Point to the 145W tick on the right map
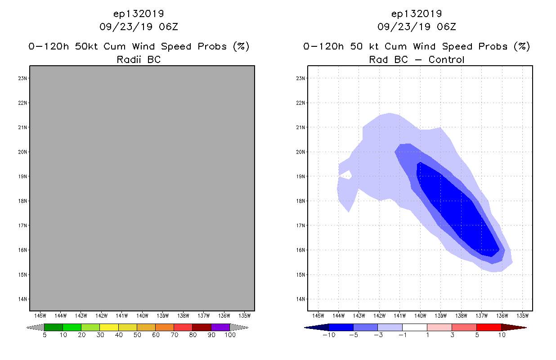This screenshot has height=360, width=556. pyautogui.click(x=318, y=315)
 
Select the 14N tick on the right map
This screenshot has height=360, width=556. pyautogui.click(x=301, y=299)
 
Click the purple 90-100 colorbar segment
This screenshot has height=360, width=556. pyautogui.click(x=220, y=328)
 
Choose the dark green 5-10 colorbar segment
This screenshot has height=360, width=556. pyautogui.click(x=54, y=328)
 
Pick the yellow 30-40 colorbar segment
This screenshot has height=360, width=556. pyautogui.click(x=109, y=328)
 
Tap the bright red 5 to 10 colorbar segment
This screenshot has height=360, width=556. pyautogui.click(x=489, y=328)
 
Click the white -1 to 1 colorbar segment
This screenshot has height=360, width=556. pyautogui.click(x=414, y=328)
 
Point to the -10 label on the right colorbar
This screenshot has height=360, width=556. pyautogui.click(x=328, y=335)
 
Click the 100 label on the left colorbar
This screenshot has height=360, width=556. pyautogui.click(x=230, y=335)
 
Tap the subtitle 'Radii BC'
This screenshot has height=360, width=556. pyautogui.click(x=139, y=59)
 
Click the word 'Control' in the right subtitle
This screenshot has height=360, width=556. pyautogui.click(x=446, y=59)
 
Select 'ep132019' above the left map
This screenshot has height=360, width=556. pyautogui.click(x=139, y=14)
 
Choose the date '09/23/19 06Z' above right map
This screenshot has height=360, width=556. pyautogui.click(x=417, y=27)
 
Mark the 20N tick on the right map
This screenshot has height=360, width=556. pyautogui.click(x=301, y=152)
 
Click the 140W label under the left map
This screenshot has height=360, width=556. pyautogui.click(x=142, y=315)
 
